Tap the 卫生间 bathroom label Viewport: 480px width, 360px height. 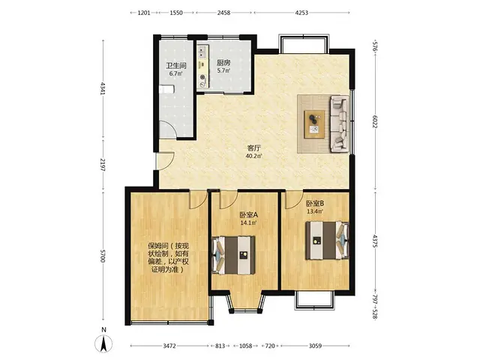(176, 65)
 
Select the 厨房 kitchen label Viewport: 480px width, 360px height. (223, 63)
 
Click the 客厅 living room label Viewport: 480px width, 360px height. (253, 148)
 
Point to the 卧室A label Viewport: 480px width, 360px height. (248, 215)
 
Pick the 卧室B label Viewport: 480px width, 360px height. (315, 203)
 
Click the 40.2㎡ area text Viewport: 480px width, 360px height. (253, 156)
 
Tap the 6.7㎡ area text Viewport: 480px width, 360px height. (175, 73)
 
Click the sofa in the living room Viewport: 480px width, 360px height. (339, 124)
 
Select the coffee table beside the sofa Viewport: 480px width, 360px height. (314, 124)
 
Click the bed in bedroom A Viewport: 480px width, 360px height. (233, 255)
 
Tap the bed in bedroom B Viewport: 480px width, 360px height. (327, 241)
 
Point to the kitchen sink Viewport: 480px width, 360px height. (202, 52)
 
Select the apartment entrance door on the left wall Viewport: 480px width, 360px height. (165, 161)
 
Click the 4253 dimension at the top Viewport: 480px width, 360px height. (301, 13)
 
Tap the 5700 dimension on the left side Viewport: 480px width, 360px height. (103, 256)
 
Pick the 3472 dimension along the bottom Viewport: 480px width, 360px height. (169, 346)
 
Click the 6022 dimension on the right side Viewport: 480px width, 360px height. (375, 121)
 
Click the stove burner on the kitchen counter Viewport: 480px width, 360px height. (202, 76)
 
